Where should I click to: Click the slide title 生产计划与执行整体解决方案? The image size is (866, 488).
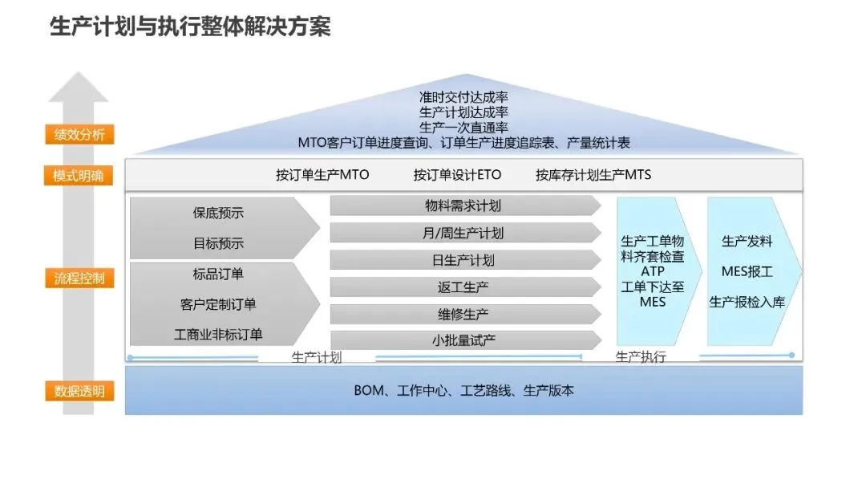[190, 27]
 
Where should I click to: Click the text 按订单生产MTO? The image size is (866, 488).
[322, 175]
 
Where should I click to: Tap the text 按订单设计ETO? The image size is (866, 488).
[457, 175]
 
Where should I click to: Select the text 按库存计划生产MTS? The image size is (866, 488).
[593, 175]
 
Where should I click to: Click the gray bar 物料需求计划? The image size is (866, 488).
[463, 206]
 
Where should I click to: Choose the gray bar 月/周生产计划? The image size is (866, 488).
[463, 234]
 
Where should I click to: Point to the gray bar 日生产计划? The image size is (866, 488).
[463, 260]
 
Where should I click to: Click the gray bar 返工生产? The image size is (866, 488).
[463, 287]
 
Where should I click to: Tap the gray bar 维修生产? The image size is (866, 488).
[463, 314]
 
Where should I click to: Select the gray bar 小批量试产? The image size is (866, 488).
[463, 340]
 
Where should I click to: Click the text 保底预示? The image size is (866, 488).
[218, 213]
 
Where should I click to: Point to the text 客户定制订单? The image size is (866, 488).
[218, 304]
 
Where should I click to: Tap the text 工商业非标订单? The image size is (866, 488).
[218, 334]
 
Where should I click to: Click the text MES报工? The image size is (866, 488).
[747, 271]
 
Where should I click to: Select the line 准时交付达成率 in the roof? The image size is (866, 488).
[463, 97]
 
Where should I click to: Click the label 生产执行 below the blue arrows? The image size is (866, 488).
[641, 357]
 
